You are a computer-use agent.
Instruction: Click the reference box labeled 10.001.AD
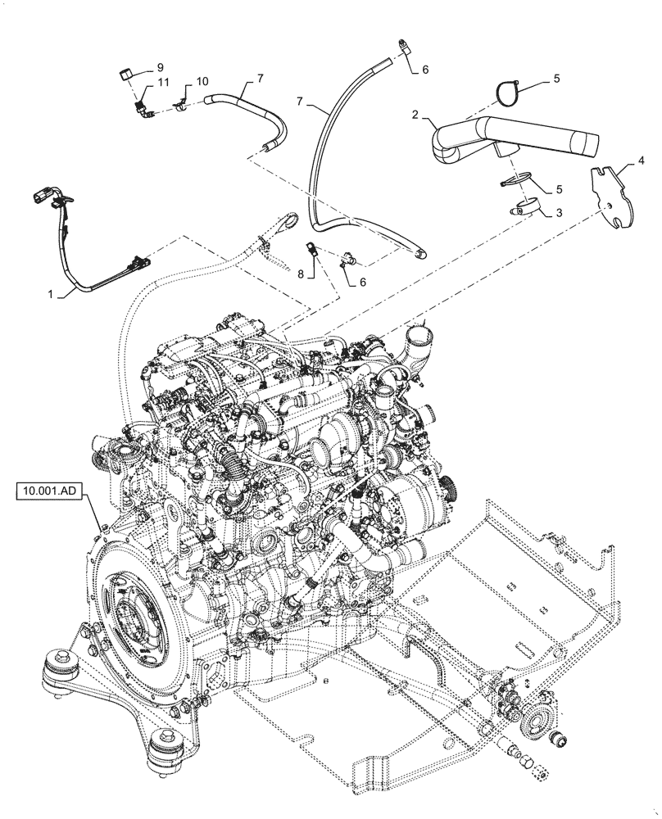(48, 491)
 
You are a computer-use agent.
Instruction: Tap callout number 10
(202, 83)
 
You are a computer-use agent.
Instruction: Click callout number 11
(163, 83)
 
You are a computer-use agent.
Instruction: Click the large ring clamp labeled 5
(509, 93)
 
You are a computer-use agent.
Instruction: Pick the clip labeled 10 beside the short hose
(181, 105)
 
